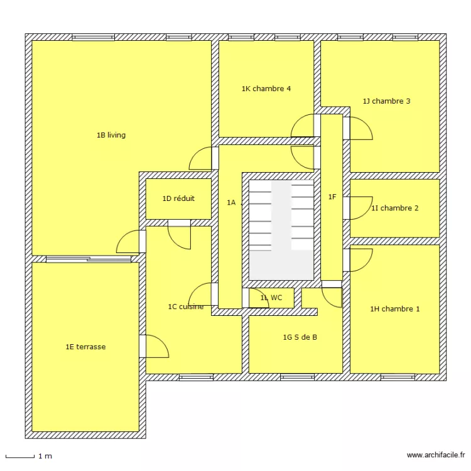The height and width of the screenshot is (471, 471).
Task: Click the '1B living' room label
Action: [x=111, y=135]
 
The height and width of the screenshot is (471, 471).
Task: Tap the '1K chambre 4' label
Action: [x=266, y=89]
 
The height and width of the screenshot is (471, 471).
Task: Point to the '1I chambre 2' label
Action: [x=394, y=208]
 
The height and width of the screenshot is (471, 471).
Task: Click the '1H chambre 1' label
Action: [x=394, y=309]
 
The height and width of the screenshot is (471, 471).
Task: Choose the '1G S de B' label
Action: [x=300, y=337]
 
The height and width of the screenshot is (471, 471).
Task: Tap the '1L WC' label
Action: [x=271, y=298]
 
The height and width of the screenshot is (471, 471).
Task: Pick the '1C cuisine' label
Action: [x=185, y=307]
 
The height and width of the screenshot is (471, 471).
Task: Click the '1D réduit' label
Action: [x=178, y=198]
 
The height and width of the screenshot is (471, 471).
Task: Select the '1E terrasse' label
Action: [x=85, y=347]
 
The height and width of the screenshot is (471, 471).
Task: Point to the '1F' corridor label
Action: [x=332, y=197]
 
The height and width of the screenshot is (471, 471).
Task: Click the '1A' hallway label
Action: [x=231, y=202]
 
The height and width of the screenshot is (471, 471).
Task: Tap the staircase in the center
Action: [x=281, y=230]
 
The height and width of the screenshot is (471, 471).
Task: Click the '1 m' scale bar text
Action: [x=45, y=456]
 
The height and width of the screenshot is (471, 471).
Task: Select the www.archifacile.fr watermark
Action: [x=436, y=455]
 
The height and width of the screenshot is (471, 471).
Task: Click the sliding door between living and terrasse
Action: [x=89, y=259]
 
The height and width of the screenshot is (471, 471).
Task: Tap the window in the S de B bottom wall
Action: [x=297, y=377]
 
